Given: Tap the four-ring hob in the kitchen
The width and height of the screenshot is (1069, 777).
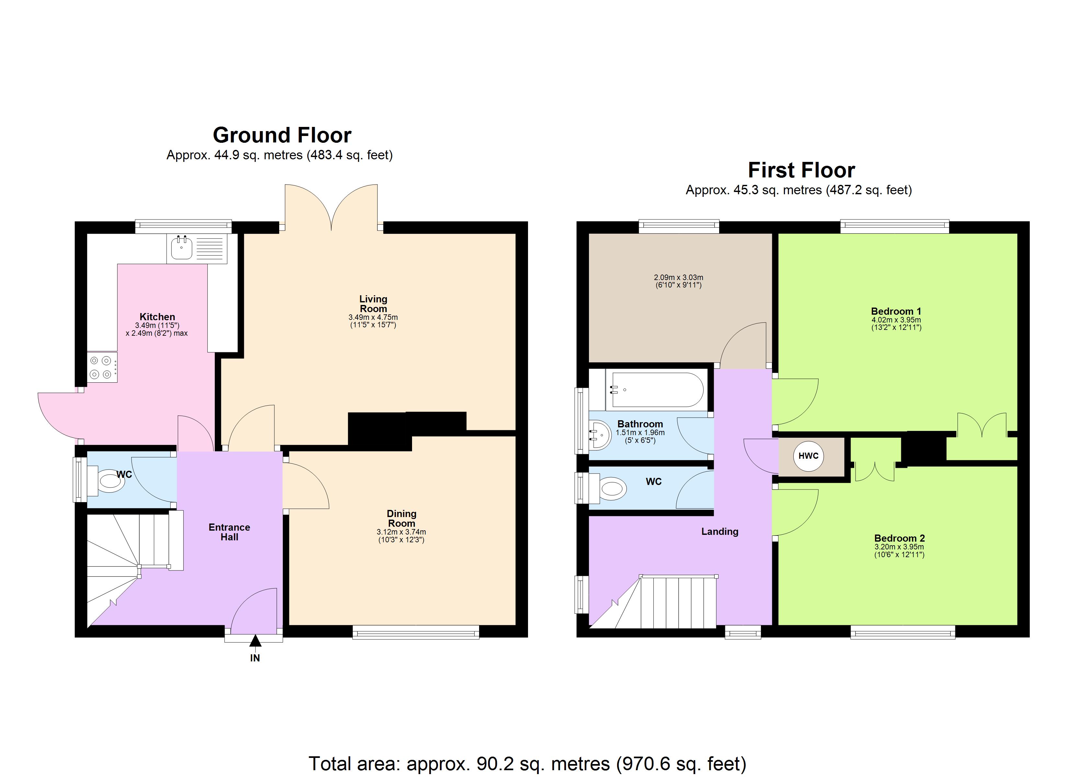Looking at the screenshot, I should tap(101, 367).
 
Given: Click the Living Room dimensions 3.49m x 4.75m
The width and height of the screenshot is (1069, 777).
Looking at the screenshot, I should tap(373, 317).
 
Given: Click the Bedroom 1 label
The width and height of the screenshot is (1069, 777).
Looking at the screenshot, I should tap(896, 311).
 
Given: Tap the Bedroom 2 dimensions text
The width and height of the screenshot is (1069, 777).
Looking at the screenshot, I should tap(899, 551).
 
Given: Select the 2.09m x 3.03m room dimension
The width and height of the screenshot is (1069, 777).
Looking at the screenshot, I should tap(678, 277).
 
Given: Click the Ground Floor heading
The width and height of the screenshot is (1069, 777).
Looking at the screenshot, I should tap(282, 135).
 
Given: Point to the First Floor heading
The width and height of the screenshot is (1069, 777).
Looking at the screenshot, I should tap(801, 170).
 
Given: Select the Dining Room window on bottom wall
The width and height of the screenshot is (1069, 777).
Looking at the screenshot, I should tap(416, 632).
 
